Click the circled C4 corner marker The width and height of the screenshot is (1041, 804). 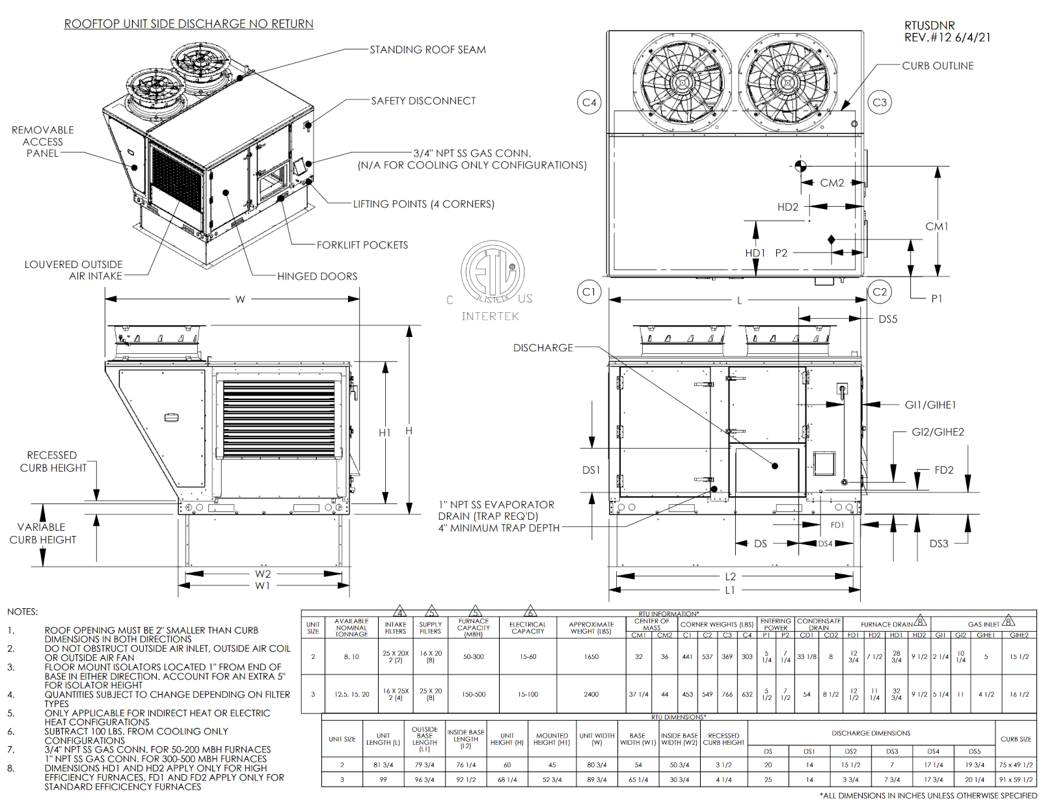(x=589, y=102)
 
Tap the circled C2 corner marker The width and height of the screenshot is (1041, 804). (x=879, y=292)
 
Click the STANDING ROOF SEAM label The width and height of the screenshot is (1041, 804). (x=427, y=49)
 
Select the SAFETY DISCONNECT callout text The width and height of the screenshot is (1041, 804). (x=423, y=101)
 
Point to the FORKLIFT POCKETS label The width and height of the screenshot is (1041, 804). (x=362, y=245)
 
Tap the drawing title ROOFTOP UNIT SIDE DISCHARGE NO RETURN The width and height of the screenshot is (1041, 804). (x=189, y=24)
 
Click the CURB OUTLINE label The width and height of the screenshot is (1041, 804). (x=938, y=66)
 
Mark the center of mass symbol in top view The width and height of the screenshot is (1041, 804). (x=800, y=165)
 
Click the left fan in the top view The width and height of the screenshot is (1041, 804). (x=682, y=82)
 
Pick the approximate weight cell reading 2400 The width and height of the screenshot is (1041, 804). (x=591, y=694)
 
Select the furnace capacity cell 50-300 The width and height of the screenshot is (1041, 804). (x=473, y=657)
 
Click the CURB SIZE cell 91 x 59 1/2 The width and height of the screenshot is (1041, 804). (x=1016, y=779)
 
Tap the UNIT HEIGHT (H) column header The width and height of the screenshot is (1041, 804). (x=507, y=739)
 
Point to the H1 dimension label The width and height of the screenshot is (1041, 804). (x=385, y=433)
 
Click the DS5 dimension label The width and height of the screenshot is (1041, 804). (x=887, y=319)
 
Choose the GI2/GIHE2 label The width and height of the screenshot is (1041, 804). (x=938, y=432)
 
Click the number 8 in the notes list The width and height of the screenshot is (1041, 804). (x=11, y=768)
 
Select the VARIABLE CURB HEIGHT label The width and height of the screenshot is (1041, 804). (x=42, y=533)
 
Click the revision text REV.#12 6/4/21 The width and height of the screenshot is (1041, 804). (x=947, y=38)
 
